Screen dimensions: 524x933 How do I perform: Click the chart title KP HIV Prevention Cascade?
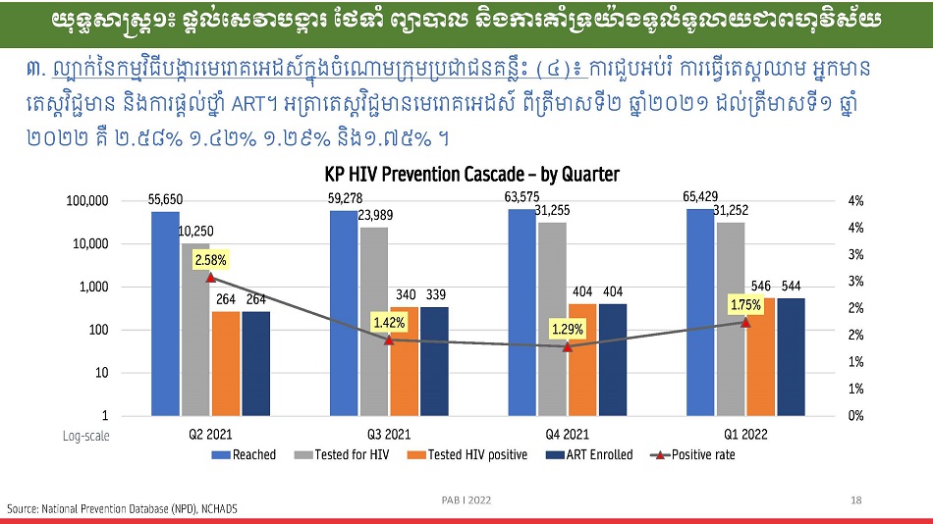(x=472, y=175)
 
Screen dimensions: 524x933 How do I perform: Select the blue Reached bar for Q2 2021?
(x=166, y=314)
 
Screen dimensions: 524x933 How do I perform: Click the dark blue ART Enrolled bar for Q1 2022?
(x=791, y=356)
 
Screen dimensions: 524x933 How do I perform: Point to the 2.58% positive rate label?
(x=210, y=261)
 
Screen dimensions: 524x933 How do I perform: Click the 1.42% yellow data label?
(x=389, y=322)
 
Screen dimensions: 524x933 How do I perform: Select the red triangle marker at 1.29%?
(x=568, y=346)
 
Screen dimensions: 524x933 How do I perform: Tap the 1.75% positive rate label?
(x=745, y=305)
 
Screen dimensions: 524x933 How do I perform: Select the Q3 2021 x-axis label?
(x=389, y=434)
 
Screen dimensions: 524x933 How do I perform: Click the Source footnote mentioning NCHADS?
(x=123, y=508)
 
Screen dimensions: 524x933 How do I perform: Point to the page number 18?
(x=856, y=500)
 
